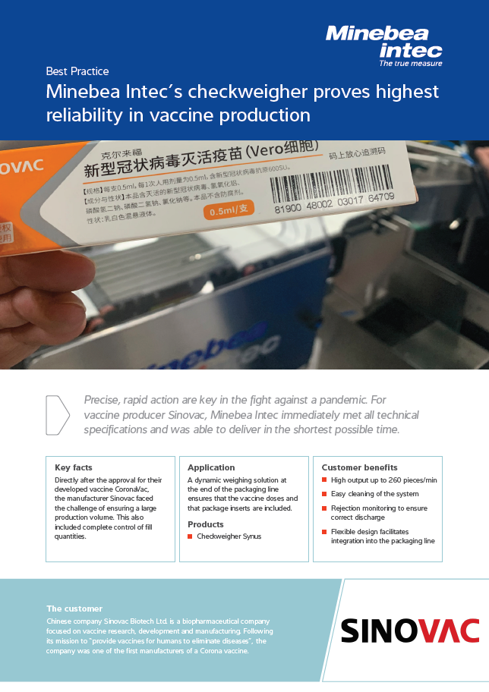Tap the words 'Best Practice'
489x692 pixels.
[77, 71]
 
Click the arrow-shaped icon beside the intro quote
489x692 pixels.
[57, 415]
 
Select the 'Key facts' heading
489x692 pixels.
[74, 467]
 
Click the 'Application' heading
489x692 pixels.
[211, 467]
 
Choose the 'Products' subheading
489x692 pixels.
[206, 524]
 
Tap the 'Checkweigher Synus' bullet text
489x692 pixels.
[229, 536]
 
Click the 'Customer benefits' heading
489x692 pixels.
[359, 467]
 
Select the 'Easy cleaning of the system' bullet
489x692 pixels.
[374, 494]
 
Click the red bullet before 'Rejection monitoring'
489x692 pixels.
[324, 508]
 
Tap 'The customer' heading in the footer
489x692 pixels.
[74, 609]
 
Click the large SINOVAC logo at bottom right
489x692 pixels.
[410, 631]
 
